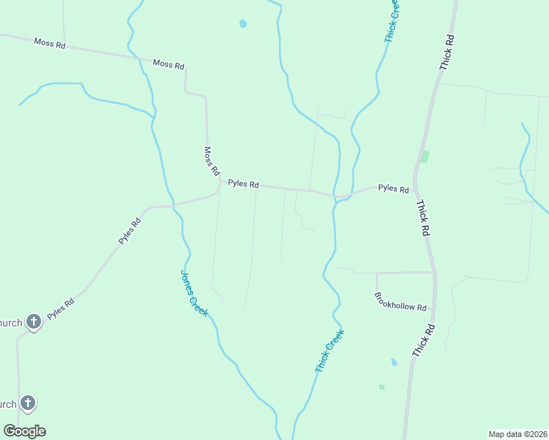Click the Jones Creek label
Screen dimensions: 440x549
pyautogui.click(x=194, y=293)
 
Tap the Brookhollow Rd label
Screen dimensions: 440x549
pyautogui.click(x=401, y=302)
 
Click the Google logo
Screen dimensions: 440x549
pyautogui.click(x=24, y=431)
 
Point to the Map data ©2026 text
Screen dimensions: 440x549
pyautogui.click(x=517, y=434)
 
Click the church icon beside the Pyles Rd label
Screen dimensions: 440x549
pyautogui.click(x=33, y=321)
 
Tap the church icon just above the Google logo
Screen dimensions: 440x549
pyautogui.click(x=28, y=403)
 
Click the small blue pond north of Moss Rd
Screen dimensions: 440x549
pyautogui.click(x=243, y=23)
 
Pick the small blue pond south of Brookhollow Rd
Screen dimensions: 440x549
pyautogui.click(x=394, y=362)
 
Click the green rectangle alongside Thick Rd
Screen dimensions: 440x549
pyautogui.click(x=424, y=156)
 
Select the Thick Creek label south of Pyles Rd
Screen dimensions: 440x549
pyautogui.click(x=330, y=351)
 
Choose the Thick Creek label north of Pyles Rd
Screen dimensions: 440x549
pyautogui.click(x=393, y=20)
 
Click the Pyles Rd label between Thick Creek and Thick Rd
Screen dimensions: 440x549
pyautogui.click(x=393, y=188)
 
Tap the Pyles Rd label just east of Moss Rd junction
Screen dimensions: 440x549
pyautogui.click(x=243, y=184)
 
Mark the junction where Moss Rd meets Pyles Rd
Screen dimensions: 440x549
pyautogui.click(x=219, y=180)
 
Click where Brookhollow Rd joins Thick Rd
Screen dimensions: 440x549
pyautogui.click(x=435, y=273)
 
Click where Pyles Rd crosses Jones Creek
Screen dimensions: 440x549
pyautogui.click(x=174, y=205)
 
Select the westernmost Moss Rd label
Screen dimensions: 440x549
pyautogui.click(x=50, y=44)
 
